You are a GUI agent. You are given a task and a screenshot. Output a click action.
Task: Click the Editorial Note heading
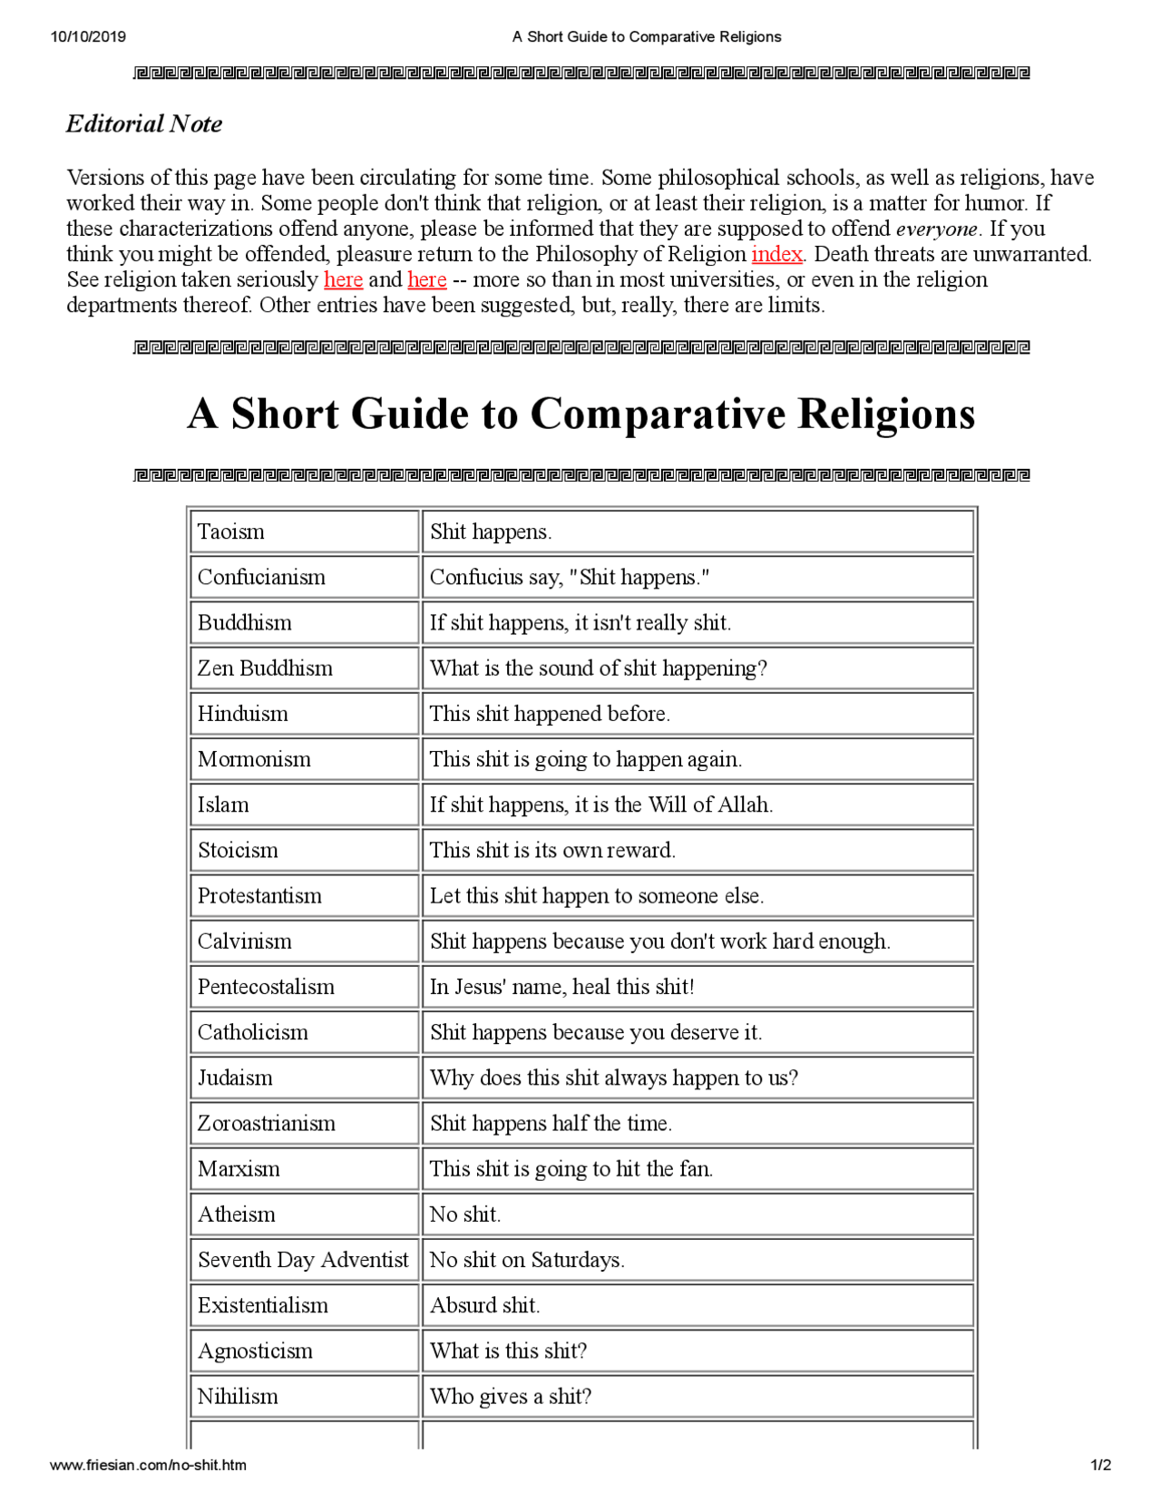click(143, 123)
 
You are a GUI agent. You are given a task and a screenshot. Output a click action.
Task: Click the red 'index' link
click(776, 254)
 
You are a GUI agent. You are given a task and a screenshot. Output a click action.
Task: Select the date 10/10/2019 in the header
click(88, 37)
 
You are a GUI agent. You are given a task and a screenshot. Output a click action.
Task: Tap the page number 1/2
click(1100, 1465)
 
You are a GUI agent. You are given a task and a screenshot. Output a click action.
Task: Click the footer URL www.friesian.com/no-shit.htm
click(148, 1465)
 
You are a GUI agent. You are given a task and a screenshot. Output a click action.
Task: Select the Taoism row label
click(231, 532)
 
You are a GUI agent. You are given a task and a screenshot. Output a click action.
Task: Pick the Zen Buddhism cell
click(265, 668)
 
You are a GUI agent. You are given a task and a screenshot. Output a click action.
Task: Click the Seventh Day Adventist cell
click(303, 1260)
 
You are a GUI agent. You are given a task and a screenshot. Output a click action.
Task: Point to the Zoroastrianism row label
click(267, 1124)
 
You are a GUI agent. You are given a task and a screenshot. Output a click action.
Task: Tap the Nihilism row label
click(238, 1397)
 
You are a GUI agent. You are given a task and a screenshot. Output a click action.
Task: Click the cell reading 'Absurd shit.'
click(484, 1306)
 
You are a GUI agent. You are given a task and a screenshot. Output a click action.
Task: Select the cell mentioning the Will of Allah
click(600, 805)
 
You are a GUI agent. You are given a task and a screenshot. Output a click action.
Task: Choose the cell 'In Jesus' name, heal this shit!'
click(561, 987)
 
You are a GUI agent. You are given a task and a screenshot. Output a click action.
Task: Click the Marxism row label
click(239, 1169)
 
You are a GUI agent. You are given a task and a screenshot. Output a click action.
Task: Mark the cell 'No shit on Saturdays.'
click(526, 1260)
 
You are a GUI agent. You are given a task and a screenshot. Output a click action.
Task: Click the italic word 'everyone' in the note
click(937, 229)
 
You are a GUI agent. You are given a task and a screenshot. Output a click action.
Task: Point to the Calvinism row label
click(245, 941)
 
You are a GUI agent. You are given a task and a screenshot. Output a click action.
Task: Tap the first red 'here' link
click(343, 279)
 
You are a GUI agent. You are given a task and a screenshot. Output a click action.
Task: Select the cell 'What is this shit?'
click(508, 1351)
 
